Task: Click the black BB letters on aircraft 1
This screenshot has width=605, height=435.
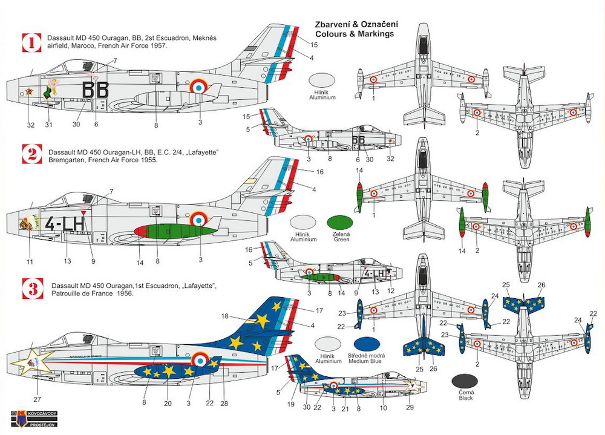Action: click(95, 90)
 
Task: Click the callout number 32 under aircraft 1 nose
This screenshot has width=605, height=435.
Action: click(31, 125)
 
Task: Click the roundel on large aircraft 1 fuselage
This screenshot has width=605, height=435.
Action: click(198, 88)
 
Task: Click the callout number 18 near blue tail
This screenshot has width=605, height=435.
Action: click(224, 316)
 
